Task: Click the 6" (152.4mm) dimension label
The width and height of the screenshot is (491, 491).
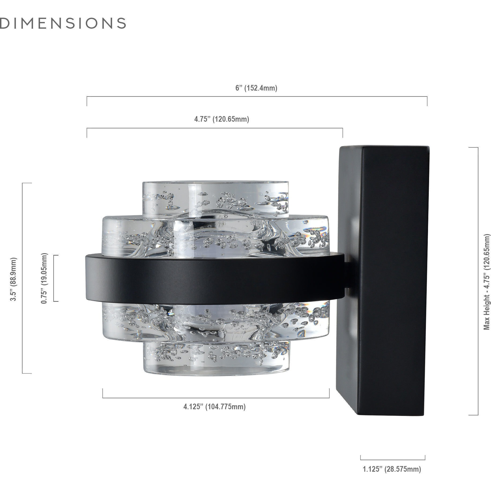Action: [256, 88]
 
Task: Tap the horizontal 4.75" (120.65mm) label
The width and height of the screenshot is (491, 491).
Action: [222, 119]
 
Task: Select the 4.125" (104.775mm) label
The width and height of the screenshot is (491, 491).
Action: [214, 407]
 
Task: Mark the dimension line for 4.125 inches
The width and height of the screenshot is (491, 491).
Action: [216, 398]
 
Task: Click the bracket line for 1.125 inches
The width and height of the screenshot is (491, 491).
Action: [393, 460]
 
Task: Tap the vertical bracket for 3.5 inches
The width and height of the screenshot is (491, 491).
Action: [23, 278]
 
